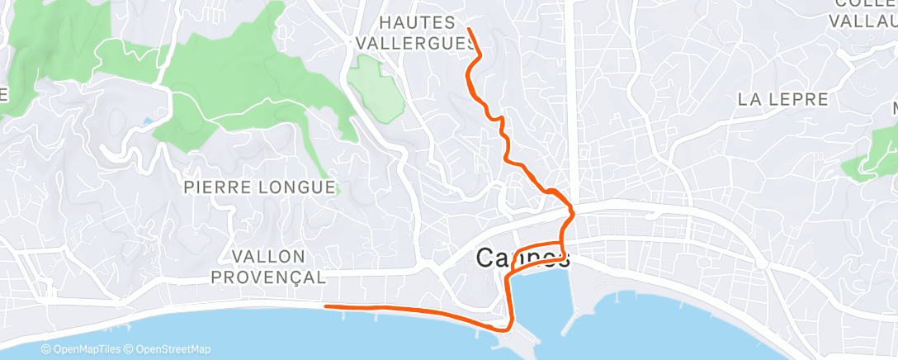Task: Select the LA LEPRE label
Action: click(782, 100)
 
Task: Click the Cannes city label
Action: click(522, 258)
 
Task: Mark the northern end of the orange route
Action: click(469, 29)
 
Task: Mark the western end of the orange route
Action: click(327, 306)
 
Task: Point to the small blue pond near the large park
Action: click(147, 121)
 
